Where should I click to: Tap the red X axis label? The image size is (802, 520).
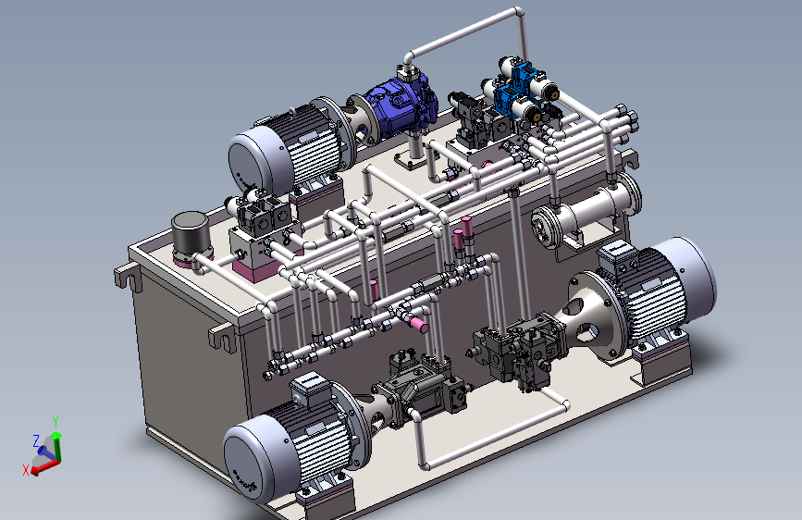[26, 470]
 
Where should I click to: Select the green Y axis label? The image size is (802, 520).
[56, 421]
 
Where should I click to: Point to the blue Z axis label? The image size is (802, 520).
[36, 440]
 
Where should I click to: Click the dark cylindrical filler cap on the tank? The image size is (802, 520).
[191, 232]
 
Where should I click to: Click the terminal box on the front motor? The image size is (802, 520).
[311, 390]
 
